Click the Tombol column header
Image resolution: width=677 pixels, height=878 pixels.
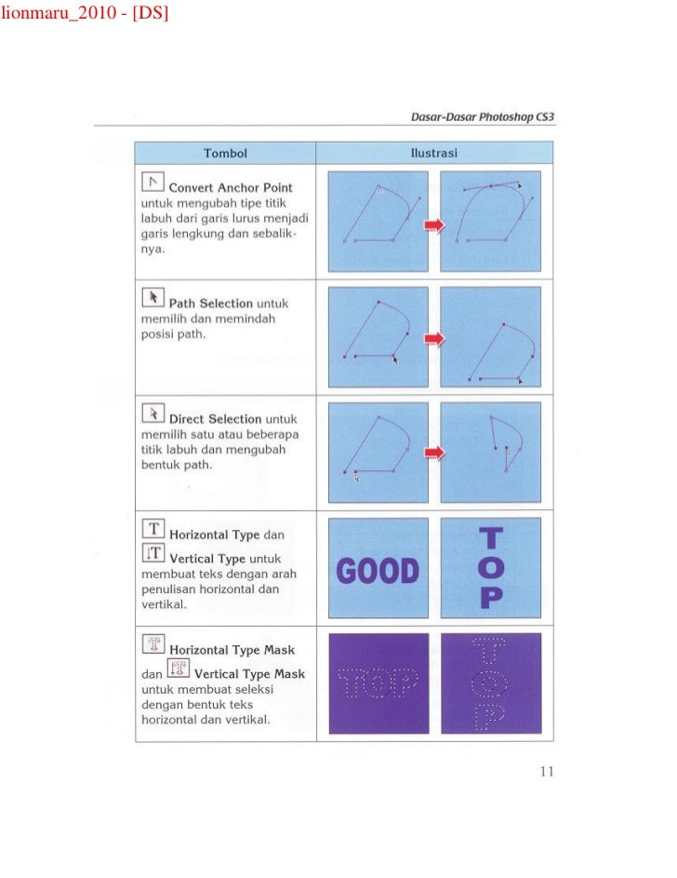click(225, 153)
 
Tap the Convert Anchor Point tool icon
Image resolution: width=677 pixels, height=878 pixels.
click(153, 182)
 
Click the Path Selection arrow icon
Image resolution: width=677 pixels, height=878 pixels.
click(153, 297)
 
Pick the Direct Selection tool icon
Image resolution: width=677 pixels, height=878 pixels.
click(153, 412)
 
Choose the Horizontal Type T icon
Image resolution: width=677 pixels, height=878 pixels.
click(153, 529)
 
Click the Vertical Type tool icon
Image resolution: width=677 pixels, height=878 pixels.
click(153, 553)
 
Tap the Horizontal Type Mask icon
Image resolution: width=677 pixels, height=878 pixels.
click(153, 644)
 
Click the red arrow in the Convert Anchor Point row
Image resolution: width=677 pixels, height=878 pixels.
click(434, 226)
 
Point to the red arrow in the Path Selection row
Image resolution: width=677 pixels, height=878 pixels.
click(434, 339)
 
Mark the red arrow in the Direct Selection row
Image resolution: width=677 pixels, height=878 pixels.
click(434, 453)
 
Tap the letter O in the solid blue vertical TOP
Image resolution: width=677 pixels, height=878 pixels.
click(492, 567)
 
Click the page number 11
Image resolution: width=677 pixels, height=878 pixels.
click(546, 771)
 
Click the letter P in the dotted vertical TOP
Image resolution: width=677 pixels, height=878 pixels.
click(490, 715)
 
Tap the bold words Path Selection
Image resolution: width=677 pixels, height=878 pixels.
click(211, 304)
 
